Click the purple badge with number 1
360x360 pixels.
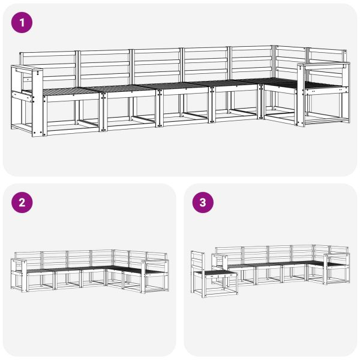[22, 23]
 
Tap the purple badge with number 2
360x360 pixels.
[22, 202]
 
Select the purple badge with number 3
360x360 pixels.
[202, 202]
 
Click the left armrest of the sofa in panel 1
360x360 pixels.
[27, 99]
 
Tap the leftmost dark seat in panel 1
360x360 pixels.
[66, 91]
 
